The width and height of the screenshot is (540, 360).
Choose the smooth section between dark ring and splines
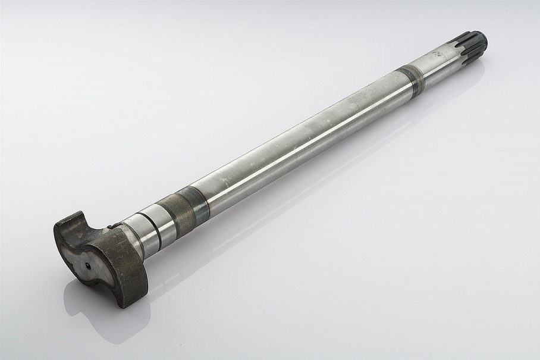[434, 62]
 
